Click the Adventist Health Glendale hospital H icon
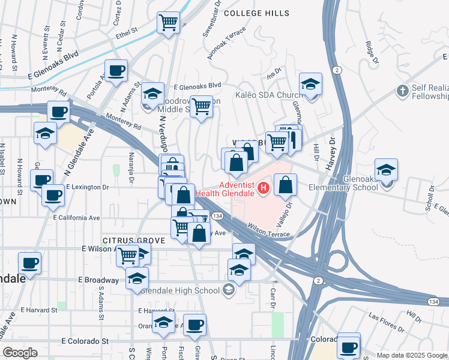262,190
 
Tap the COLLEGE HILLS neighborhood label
256,13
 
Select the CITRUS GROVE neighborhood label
133,241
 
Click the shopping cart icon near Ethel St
169,23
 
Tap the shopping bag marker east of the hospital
286,185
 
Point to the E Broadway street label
101,280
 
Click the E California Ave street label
76,218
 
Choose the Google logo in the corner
20,353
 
